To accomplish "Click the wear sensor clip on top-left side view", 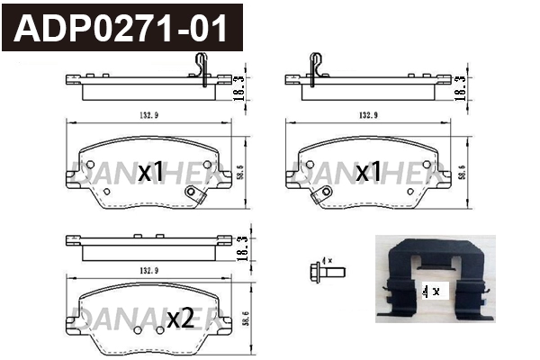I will coord(202,68).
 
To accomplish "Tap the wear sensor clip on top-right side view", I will coord(317,68).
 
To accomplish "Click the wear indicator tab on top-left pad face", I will coord(191,193).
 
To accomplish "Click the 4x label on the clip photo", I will coord(430,291).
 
